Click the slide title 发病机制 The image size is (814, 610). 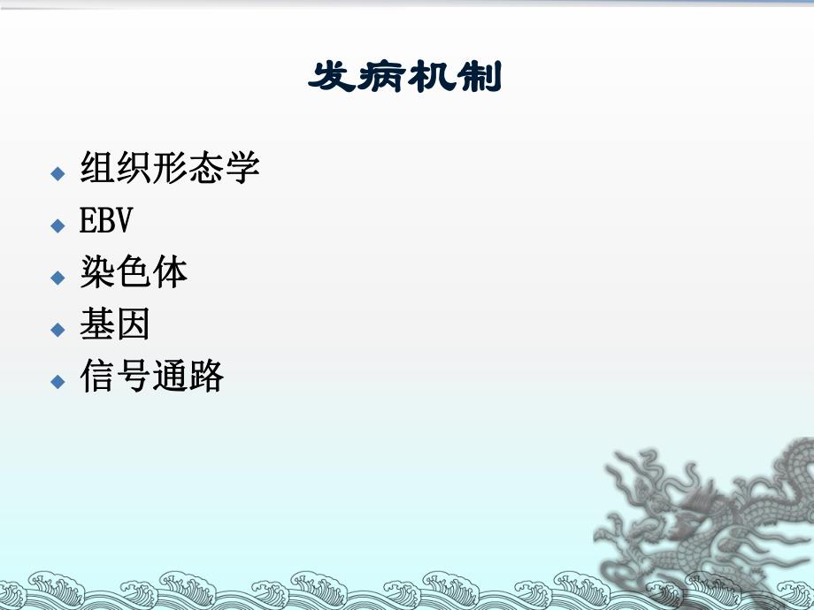404,78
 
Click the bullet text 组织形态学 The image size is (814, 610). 170,167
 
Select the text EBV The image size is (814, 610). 105,221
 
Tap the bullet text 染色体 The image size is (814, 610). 134,273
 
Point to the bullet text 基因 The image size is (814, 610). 115,325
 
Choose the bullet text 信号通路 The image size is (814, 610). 151,377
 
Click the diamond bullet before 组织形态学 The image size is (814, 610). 58,172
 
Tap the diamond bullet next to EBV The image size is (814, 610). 58,225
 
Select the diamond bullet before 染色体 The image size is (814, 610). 58,278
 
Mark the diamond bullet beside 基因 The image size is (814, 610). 58,330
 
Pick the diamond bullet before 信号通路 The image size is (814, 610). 58,382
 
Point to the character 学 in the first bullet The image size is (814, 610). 242,167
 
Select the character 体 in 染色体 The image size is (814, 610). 170,273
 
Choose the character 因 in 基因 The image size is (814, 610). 134,325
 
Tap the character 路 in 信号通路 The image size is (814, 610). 206,377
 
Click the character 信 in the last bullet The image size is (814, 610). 97,377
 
